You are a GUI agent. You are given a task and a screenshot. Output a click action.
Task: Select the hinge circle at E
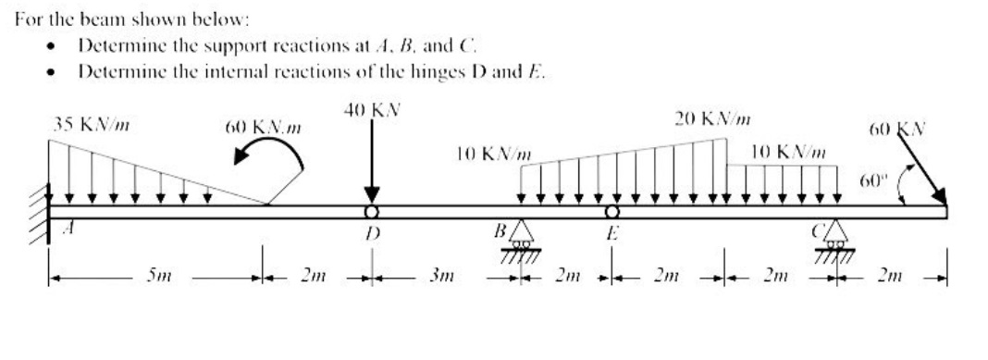click(611, 212)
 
